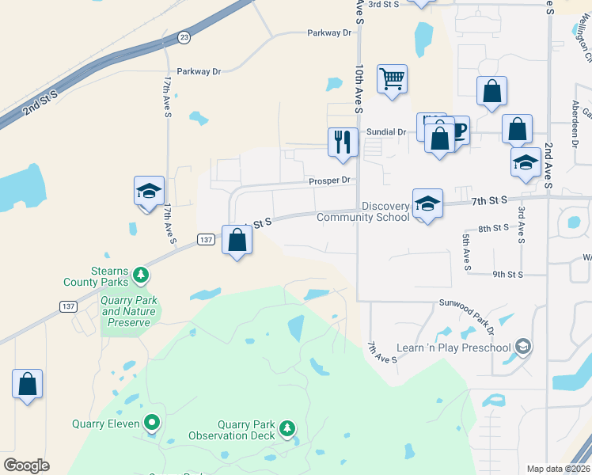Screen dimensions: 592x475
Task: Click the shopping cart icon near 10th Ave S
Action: [392, 79]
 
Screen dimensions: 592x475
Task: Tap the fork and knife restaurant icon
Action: [343, 142]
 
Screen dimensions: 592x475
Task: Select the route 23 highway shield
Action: [184, 36]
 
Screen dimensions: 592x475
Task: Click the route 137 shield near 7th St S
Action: [205, 239]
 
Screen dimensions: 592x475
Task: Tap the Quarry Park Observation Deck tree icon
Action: [287, 429]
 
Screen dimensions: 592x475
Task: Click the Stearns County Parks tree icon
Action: [141, 275]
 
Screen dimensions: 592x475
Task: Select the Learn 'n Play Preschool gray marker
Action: [522, 347]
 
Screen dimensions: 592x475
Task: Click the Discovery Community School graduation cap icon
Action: [427, 204]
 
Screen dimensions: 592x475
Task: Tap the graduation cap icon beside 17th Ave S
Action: [149, 191]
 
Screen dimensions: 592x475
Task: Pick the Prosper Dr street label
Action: [329, 180]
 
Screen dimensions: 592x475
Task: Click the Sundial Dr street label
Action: [385, 132]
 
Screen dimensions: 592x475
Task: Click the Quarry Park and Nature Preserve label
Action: [129, 311]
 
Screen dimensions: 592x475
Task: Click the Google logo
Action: [27, 465]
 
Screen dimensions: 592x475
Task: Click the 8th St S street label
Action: [494, 228]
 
